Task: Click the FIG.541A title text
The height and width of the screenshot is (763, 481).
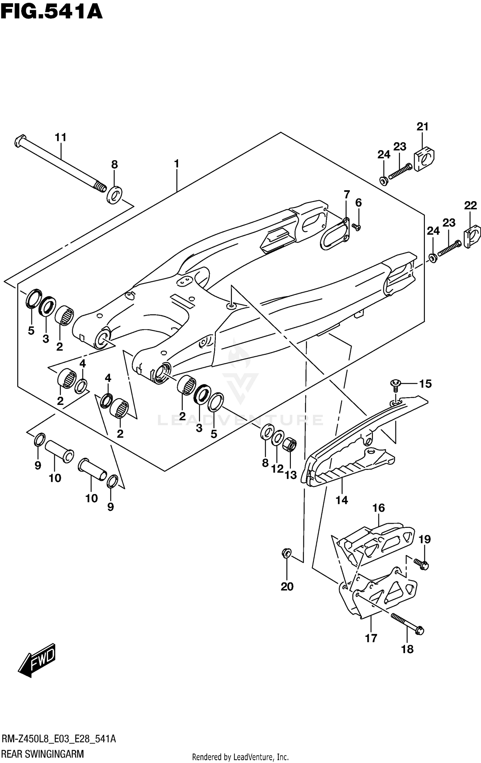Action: tap(51, 12)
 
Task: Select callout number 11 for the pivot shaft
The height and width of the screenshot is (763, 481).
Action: tap(60, 137)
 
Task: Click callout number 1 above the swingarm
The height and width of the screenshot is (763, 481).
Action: tap(176, 164)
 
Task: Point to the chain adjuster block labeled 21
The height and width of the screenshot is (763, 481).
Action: tap(425, 158)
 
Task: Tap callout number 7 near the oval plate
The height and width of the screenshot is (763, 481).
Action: tap(347, 194)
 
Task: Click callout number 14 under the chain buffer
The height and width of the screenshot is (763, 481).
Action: tap(342, 500)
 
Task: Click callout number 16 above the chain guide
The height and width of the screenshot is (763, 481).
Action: tap(378, 508)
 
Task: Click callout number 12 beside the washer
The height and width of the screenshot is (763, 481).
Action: tap(277, 469)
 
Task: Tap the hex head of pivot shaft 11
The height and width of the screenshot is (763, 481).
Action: tap(19, 141)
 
